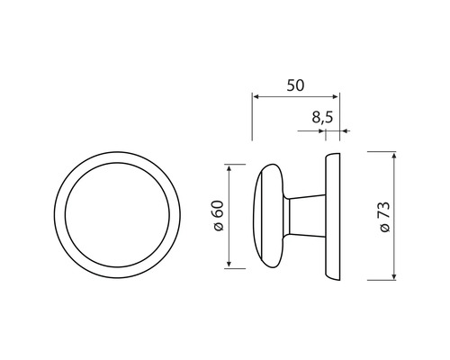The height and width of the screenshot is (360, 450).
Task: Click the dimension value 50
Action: click(294, 85)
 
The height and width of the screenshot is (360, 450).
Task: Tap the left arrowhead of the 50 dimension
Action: click(256, 96)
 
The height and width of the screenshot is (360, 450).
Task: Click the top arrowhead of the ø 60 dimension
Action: click(232, 168)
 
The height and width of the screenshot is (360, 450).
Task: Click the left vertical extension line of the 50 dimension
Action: click(252, 117)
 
